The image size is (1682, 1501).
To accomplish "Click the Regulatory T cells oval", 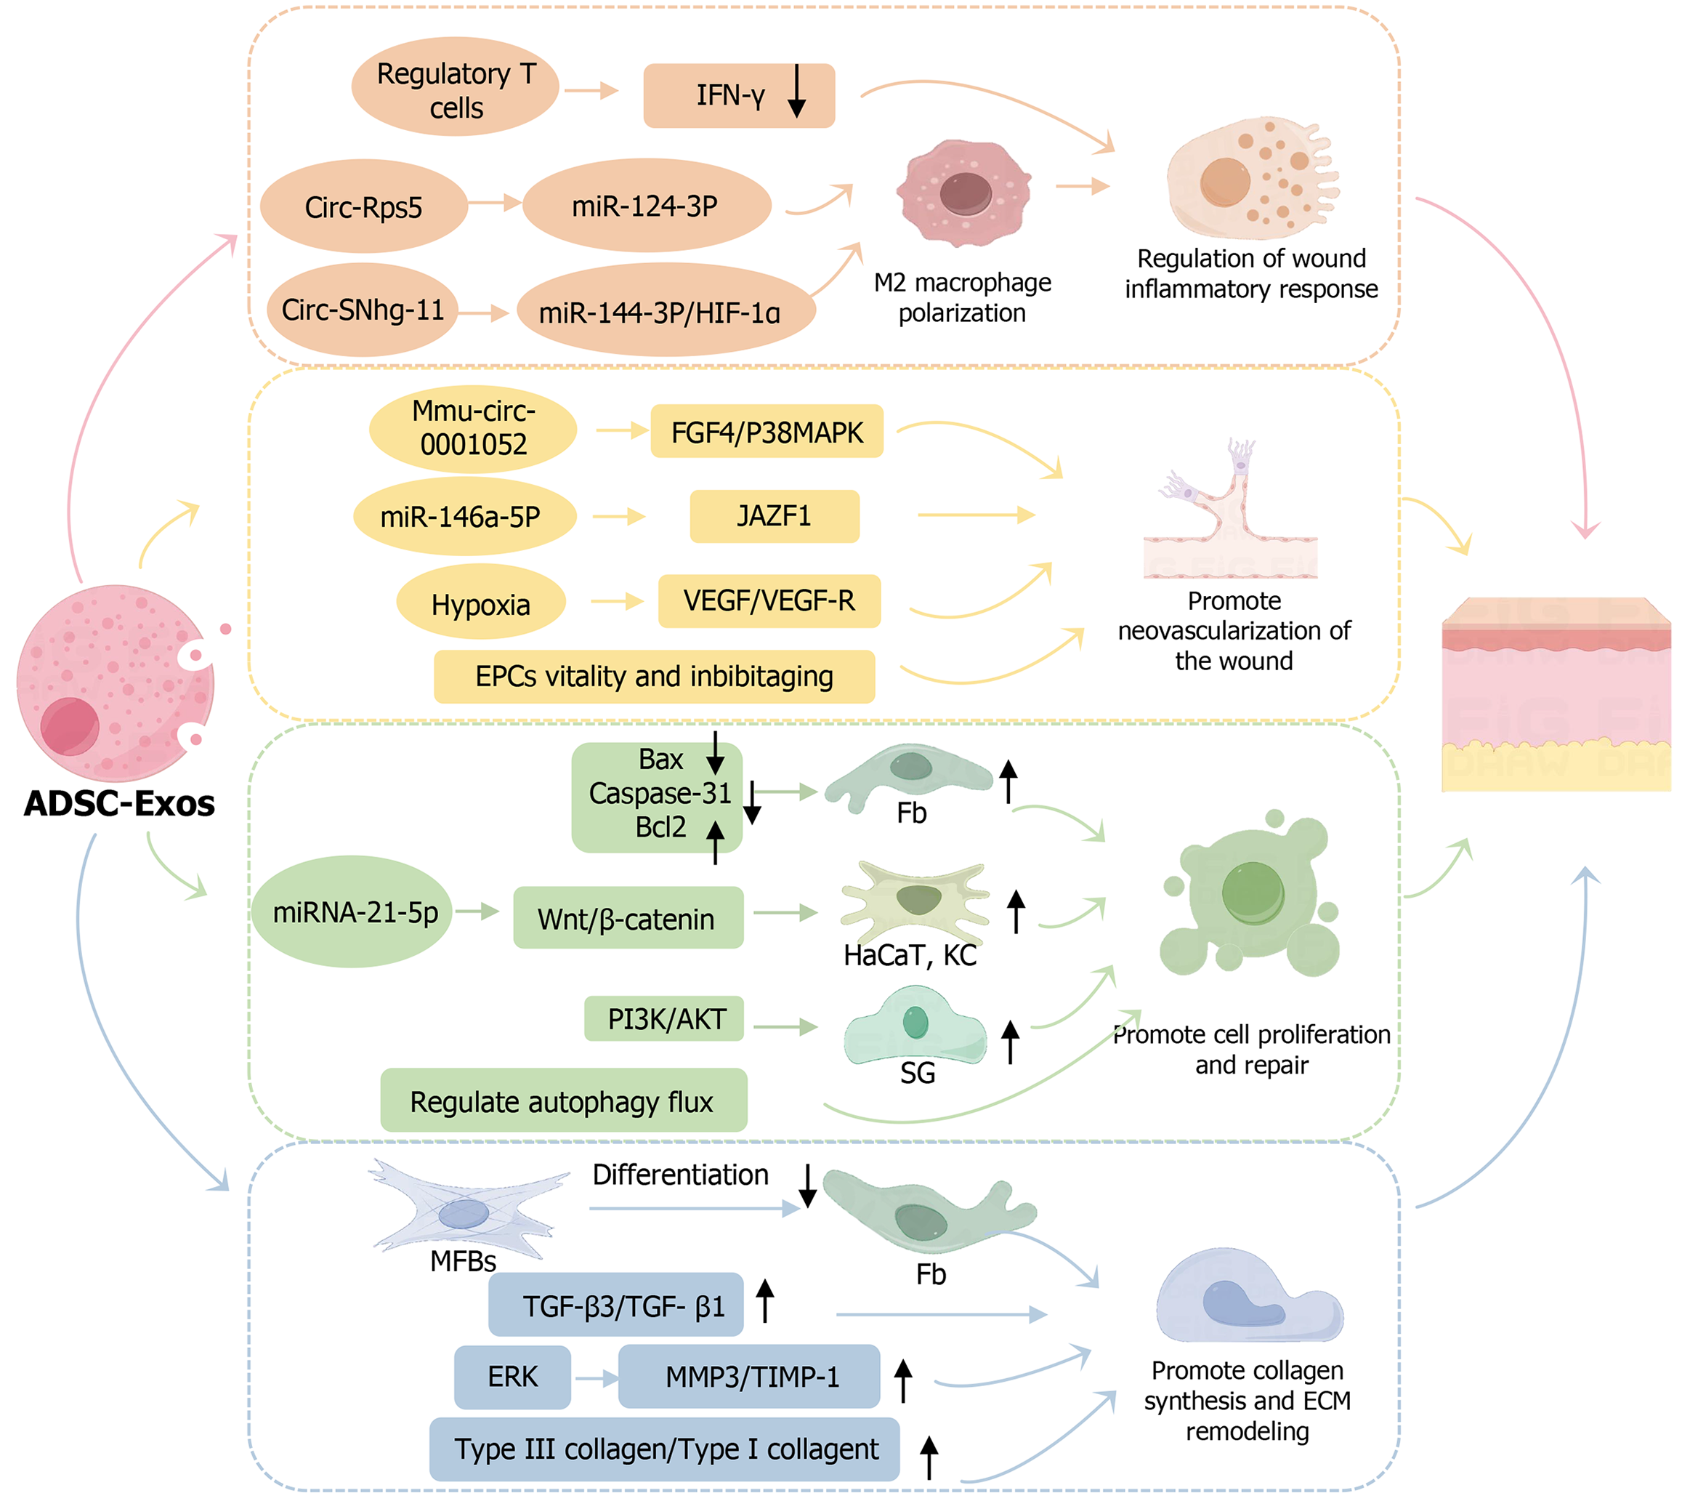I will tap(455, 87).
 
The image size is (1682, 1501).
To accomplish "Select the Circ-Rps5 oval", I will tap(363, 206).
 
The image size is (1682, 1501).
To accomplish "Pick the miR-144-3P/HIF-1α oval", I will tap(665, 311).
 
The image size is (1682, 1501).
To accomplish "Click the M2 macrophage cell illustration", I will tap(963, 195).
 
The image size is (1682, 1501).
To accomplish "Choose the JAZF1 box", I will tap(775, 516).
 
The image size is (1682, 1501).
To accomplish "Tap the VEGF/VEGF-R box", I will tap(769, 601).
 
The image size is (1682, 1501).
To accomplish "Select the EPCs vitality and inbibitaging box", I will tap(654, 676).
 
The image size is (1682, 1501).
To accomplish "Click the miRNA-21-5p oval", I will tap(353, 912).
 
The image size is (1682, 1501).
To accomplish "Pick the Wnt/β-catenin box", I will tap(628, 918).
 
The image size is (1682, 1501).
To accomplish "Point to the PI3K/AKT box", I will tap(665, 1018).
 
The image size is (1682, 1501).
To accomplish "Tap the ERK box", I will tap(512, 1377).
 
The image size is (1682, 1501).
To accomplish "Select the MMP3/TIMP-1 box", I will tap(750, 1377).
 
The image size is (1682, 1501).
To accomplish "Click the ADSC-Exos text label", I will tap(120, 803).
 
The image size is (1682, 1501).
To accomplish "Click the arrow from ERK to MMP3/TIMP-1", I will tap(596, 1377).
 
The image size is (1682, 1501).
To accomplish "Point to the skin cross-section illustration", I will tap(1555, 694).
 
